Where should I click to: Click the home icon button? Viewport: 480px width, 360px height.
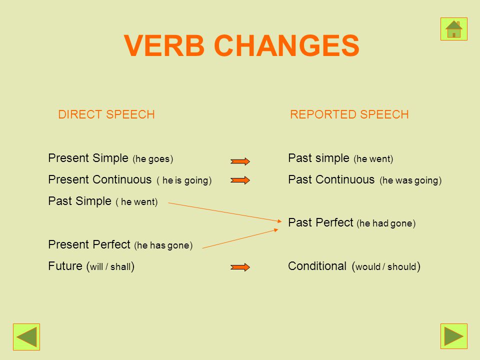[453, 29]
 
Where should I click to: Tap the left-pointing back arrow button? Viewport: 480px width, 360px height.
[26, 336]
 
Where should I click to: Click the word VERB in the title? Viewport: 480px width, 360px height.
[164, 45]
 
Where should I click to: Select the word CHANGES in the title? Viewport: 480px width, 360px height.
[287, 45]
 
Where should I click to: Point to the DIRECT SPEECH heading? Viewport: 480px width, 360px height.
[106, 114]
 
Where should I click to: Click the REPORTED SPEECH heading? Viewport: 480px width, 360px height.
[349, 114]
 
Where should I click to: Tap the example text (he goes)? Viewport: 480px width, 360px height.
[153, 159]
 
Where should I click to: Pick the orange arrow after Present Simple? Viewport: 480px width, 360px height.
[240, 161]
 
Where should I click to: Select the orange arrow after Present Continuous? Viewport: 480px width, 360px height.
[240, 180]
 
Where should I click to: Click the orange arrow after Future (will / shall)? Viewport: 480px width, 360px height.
[240, 267]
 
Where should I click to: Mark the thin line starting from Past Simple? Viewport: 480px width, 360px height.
[224, 212]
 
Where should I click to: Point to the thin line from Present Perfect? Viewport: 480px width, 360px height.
[240, 238]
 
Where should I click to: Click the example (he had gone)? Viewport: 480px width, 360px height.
[386, 223]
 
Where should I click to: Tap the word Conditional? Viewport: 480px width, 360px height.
[317, 266]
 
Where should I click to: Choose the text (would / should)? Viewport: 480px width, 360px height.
[386, 266]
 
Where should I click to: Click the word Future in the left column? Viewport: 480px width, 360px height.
[65, 266]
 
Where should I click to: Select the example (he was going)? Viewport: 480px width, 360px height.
[410, 180]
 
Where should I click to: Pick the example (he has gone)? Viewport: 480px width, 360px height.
[163, 245]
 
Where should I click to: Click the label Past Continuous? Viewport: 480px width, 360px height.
[331, 179]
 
